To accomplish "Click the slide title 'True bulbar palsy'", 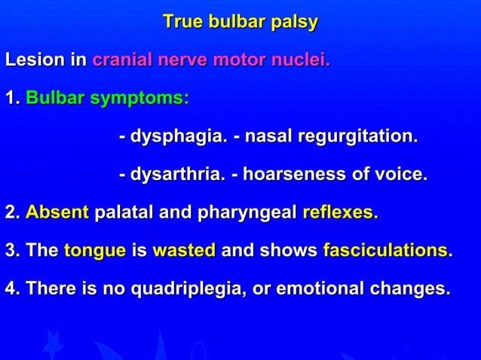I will point(240,22).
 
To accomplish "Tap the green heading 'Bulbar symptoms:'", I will point(107,99).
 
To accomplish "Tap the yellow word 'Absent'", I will point(57,213).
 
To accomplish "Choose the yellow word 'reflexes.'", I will point(340,213).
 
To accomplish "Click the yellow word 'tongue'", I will point(95,251).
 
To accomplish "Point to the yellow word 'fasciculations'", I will point(385,251).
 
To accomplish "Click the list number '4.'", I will point(12,288).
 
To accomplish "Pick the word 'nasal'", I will point(268,137).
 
